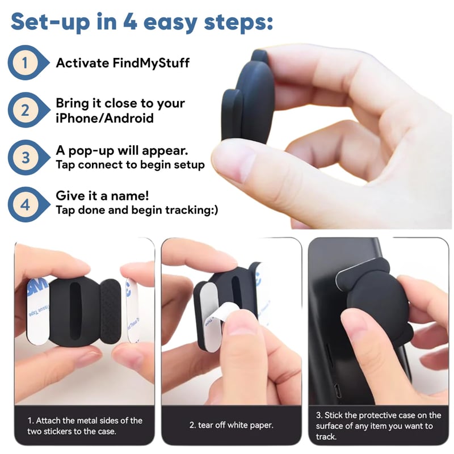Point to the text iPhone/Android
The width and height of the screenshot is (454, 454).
(x=104, y=118)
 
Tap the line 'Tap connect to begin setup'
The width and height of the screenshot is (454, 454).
(x=130, y=165)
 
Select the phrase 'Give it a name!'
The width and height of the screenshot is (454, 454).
(x=102, y=196)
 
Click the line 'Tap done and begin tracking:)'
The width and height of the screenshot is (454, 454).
(x=137, y=210)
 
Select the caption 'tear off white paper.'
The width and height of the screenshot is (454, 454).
(x=231, y=425)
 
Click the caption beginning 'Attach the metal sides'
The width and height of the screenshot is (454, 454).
(x=85, y=426)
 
